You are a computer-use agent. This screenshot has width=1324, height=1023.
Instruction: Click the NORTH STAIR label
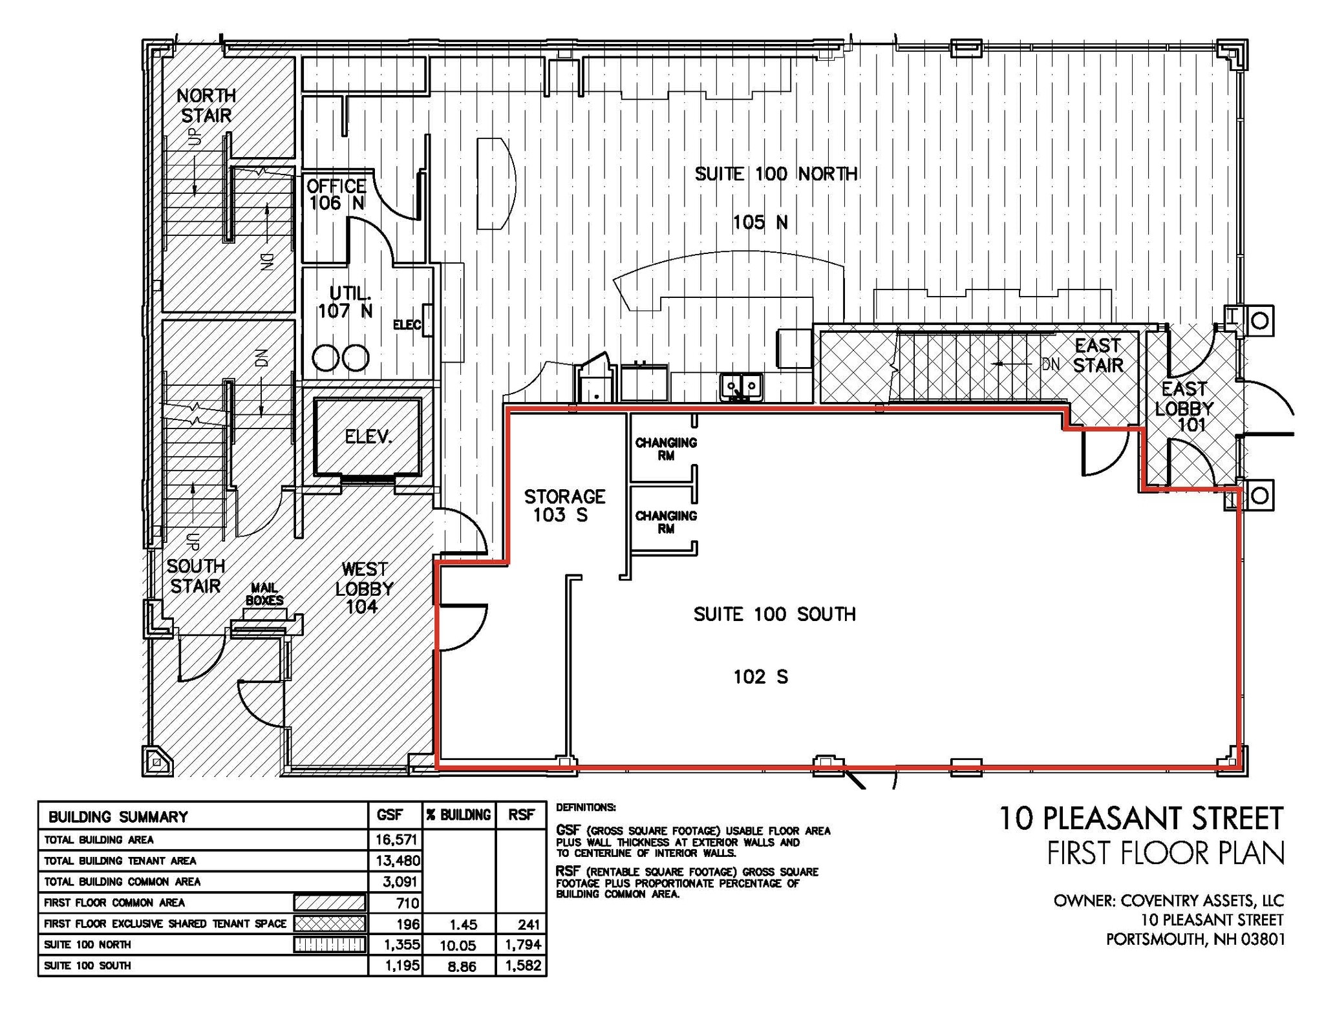(206, 106)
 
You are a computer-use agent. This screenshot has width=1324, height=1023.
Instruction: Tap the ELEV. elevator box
(368, 437)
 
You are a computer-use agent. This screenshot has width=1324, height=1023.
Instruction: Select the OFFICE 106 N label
(336, 195)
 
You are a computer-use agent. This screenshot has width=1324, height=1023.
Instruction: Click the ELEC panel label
(407, 324)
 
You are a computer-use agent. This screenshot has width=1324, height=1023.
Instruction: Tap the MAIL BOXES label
(264, 594)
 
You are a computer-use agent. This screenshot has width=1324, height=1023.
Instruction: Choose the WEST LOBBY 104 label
(364, 587)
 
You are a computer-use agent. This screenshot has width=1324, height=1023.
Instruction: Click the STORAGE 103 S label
(564, 505)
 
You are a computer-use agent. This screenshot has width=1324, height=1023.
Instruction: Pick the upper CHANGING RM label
(666, 448)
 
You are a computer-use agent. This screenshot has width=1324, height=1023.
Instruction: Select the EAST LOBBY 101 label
(1184, 407)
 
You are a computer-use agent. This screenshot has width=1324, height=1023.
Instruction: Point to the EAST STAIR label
(1098, 355)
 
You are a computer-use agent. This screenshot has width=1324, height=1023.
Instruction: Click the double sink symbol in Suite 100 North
(742, 387)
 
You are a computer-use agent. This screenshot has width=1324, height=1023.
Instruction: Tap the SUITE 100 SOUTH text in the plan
(774, 614)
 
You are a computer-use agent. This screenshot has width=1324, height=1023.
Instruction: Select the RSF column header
(520, 816)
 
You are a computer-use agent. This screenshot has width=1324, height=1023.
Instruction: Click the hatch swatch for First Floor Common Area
(330, 902)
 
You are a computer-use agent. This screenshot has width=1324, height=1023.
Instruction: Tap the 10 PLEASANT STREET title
(1141, 818)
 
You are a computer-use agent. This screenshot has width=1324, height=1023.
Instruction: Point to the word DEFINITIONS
(586, 808)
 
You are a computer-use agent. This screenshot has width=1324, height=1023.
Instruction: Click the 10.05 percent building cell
(458, 945)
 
